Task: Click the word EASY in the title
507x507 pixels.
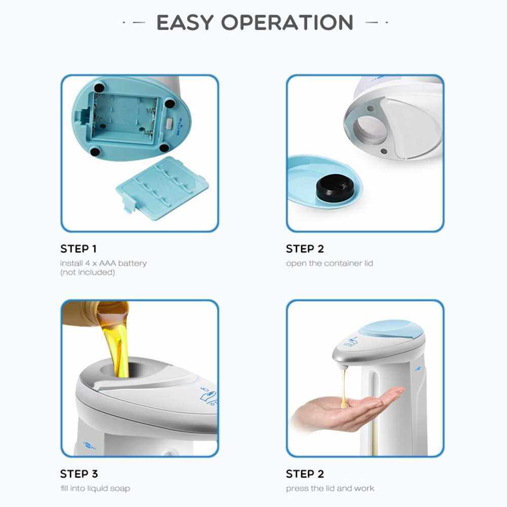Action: tap(185, 22)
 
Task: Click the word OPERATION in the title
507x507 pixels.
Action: tap(287, 22)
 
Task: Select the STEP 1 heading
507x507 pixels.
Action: tap(78, 248)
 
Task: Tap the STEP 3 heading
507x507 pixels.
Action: tap(79, 474)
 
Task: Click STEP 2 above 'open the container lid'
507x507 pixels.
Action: tap(305, 248)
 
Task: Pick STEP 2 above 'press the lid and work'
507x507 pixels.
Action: tap(305, 474)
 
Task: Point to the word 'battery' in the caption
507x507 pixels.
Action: tap(132, 264)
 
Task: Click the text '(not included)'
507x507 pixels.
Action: tap(88, 272)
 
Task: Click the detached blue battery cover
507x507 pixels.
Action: tap(162, 188)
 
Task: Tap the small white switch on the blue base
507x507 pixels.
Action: tap(170, 123)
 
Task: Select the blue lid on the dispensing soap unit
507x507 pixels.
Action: tap(391, 330)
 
